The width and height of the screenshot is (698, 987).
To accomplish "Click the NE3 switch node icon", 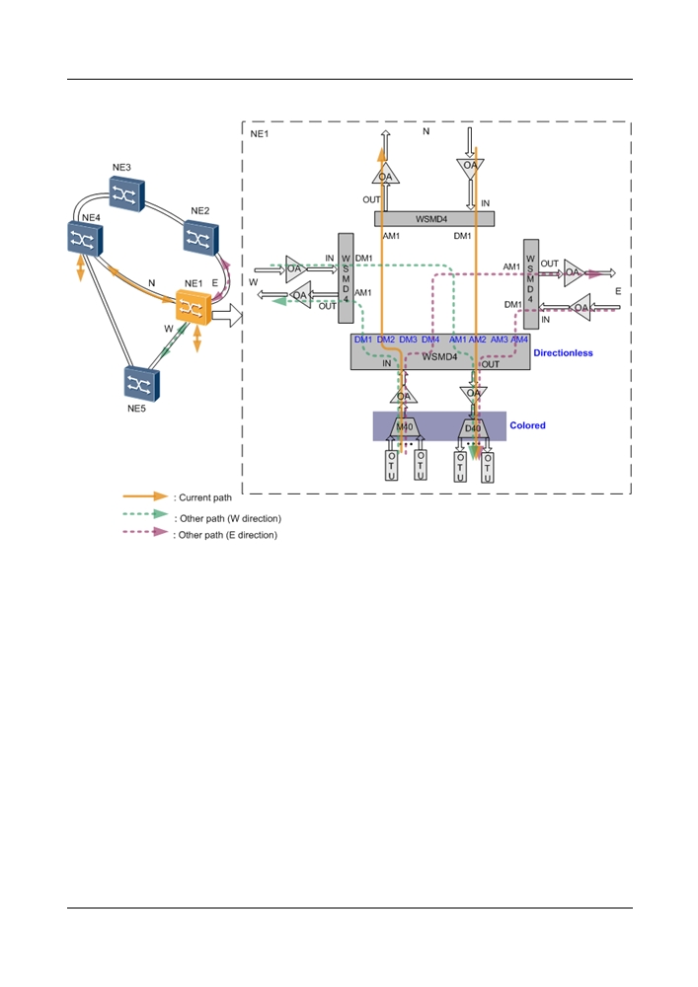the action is tap(126, 193).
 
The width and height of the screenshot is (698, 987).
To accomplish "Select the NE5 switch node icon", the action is tap(141, 383).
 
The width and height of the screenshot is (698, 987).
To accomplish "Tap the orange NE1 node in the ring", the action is tap(194, 307).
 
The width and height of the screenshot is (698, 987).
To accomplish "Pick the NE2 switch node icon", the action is tap(200, 237).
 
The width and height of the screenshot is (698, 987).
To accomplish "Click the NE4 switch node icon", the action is tap(85, 239).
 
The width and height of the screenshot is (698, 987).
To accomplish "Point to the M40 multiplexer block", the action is tap(404, 427).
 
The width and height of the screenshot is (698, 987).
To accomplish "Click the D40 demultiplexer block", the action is tap(473, 428).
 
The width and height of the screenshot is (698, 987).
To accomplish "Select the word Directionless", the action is tap(564, 353).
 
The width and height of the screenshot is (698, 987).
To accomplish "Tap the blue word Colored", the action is tap(527, 425).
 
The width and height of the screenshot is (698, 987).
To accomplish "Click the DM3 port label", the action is tap(408, 340).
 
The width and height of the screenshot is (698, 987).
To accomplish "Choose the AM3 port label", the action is tap(500, 340).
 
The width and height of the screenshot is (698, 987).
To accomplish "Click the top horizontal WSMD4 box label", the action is tap(431, 219).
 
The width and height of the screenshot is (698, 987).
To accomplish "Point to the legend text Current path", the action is tap(205, 497).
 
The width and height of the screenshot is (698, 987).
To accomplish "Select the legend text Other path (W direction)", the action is tap(230, 519).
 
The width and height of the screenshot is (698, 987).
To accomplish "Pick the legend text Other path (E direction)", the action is tap(228, 535).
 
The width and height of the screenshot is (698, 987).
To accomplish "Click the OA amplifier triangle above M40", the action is tap(404, 396).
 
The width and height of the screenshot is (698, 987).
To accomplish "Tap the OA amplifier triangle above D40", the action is tap(473, 394).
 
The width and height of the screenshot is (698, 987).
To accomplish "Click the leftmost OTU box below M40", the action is tap(392, 465).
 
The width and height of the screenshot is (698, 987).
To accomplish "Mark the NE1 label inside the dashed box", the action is tap(260, 134).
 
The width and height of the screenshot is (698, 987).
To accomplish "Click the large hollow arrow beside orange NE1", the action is tap(227, 316).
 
